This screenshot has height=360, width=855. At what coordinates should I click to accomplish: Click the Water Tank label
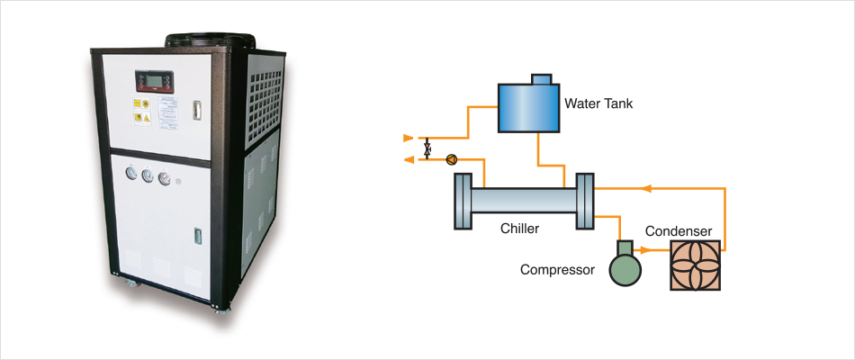598,103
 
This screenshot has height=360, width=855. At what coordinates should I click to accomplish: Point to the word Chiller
519,229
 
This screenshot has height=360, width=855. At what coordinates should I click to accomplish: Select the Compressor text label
557,269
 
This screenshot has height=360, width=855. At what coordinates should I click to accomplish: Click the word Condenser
679,232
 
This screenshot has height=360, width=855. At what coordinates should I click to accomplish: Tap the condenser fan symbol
696,265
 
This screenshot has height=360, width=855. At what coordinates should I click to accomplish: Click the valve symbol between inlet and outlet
427,148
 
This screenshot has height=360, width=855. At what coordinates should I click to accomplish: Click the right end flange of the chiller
583,197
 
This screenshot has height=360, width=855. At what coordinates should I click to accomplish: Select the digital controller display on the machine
152,80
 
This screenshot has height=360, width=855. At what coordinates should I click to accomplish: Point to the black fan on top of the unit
210,40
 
